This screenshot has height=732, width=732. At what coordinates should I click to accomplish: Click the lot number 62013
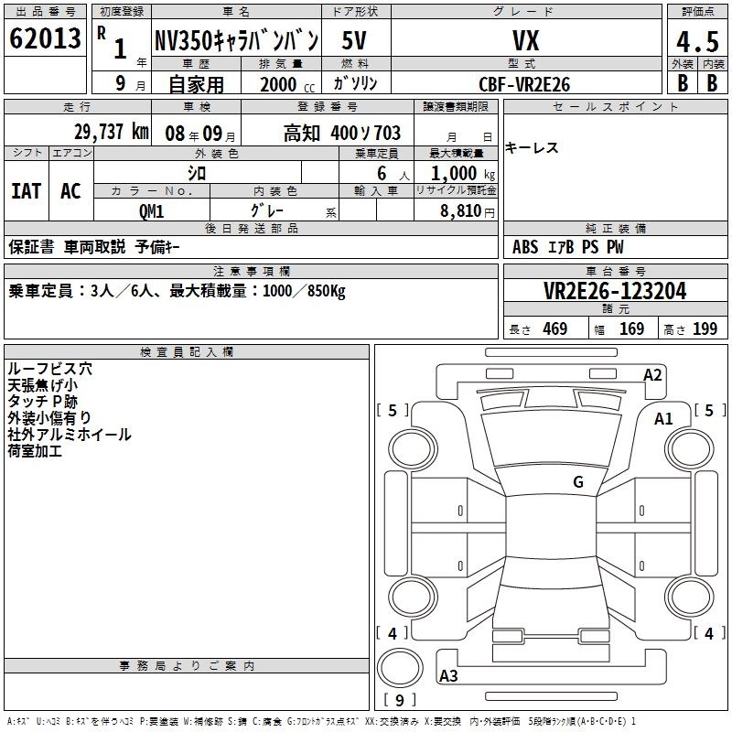45,38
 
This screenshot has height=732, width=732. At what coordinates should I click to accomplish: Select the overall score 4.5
697,41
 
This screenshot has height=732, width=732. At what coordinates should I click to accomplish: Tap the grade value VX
526,40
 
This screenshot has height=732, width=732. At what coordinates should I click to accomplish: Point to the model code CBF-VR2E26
524,84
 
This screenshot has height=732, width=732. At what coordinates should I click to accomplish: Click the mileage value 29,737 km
111,132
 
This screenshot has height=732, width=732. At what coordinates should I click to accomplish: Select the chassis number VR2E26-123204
615,291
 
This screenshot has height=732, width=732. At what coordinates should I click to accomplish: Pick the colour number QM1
151,211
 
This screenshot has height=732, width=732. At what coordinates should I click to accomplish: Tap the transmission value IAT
26,191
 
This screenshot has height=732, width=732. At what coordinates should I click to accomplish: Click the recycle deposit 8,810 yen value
468,211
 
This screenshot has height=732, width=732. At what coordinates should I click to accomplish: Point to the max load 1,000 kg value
463,174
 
